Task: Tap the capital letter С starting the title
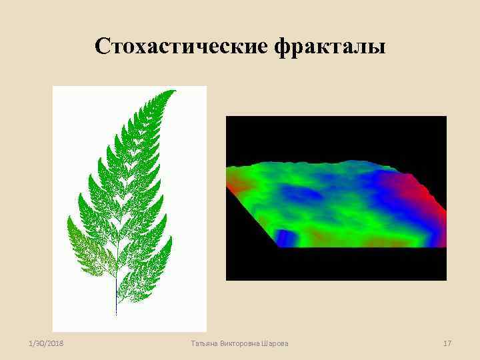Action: (101, 47)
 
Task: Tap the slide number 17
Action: (447, 343)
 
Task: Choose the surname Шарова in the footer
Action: (276, 343)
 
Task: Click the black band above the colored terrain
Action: (333, 137)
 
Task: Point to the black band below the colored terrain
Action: (333, 264)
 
